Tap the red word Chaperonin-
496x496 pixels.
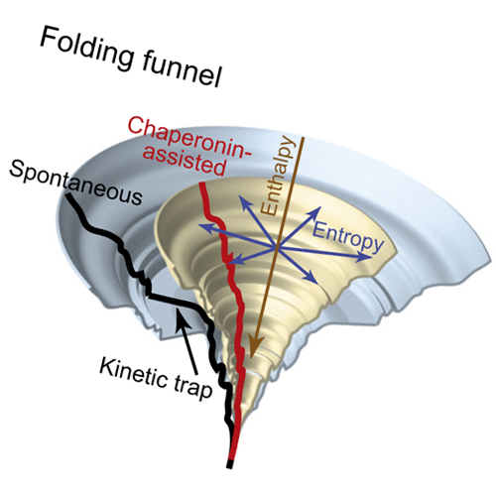[x=189, y=137]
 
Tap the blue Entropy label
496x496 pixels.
[x=348, y=237]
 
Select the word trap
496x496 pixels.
[x=191, y=389]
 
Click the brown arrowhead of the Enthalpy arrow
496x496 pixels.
[x=257, y=348]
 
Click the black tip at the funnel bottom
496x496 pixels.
[x=230, y=464]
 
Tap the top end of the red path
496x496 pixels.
[x=202, y=183]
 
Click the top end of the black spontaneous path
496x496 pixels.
[x=68, y=195]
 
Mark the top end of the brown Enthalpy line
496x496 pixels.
[x=303, y=138]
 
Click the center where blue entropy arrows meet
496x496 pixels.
[x=275, y=247]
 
